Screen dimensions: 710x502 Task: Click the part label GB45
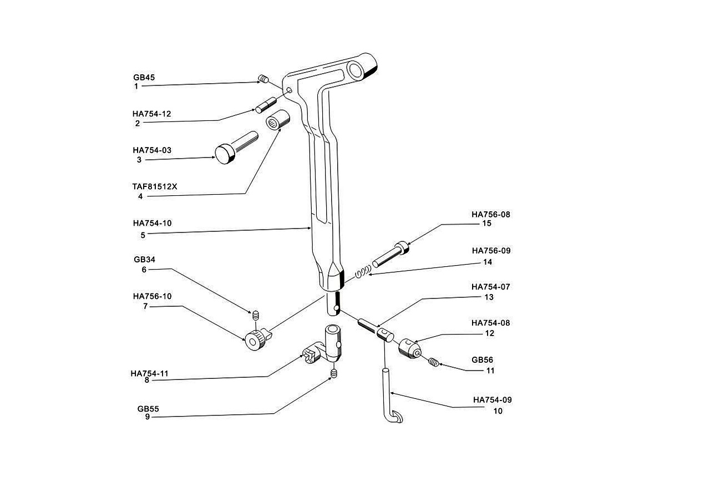(x=144, y=77)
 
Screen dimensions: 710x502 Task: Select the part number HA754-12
(x=152, y=114)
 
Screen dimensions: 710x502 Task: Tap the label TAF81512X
(x=155, y=187)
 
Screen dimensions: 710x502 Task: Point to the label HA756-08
(x=491, y=215)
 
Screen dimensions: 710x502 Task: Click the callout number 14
(x=488, y=262)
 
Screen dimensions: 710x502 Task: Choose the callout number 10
(x=498, y=411)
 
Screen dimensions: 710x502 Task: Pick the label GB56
(x=483, y=360)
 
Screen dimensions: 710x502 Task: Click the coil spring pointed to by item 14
(x=363, y=272)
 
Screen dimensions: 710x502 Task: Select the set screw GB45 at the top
(x=263, y=78)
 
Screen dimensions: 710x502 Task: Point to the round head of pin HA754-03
(x=225, y=154)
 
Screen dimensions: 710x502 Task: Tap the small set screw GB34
(x=256, y=316)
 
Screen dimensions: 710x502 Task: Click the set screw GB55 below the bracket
(x=333, y=374)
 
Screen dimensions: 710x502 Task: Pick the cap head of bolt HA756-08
(x=401, y=247)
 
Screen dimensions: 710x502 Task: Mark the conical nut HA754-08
(x=410, y=348)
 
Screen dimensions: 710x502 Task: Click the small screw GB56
(x=434, y=362)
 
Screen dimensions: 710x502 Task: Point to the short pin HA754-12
(x=266, y=105)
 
